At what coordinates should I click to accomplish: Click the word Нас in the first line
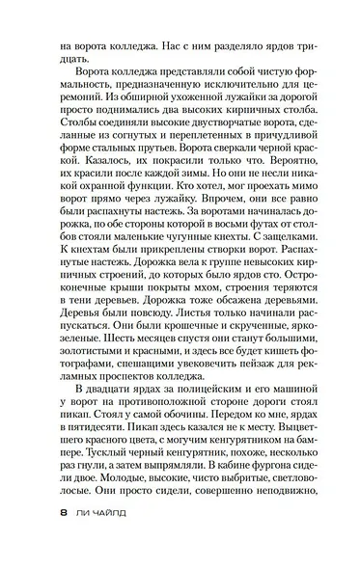pyautogui.click(x=159, y=43)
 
